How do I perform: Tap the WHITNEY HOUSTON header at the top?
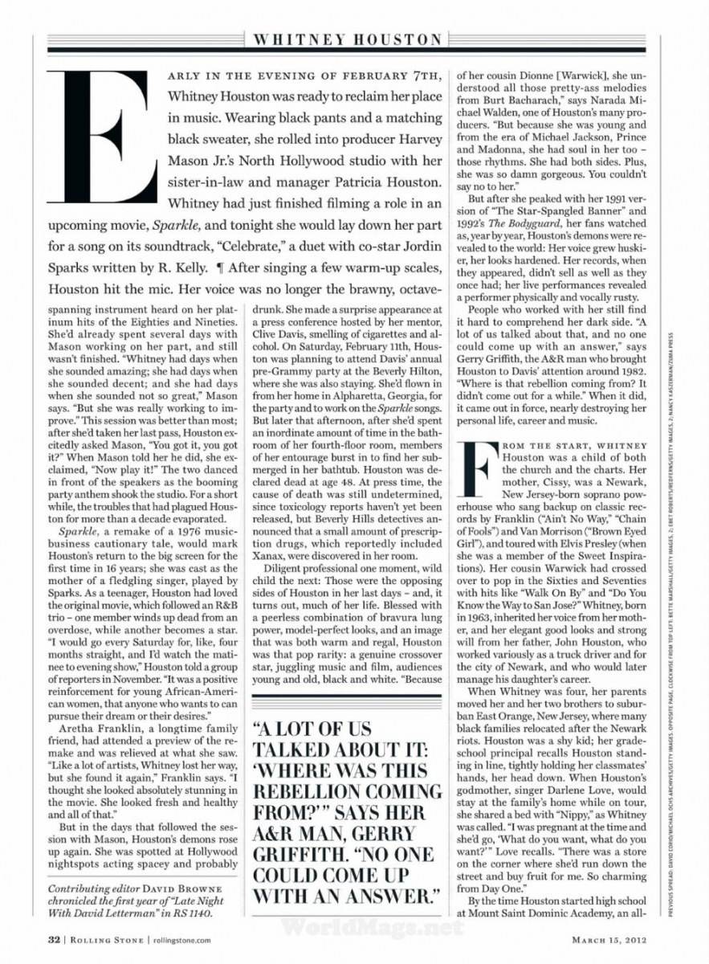(347, 39)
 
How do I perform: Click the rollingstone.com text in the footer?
(180, 938)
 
